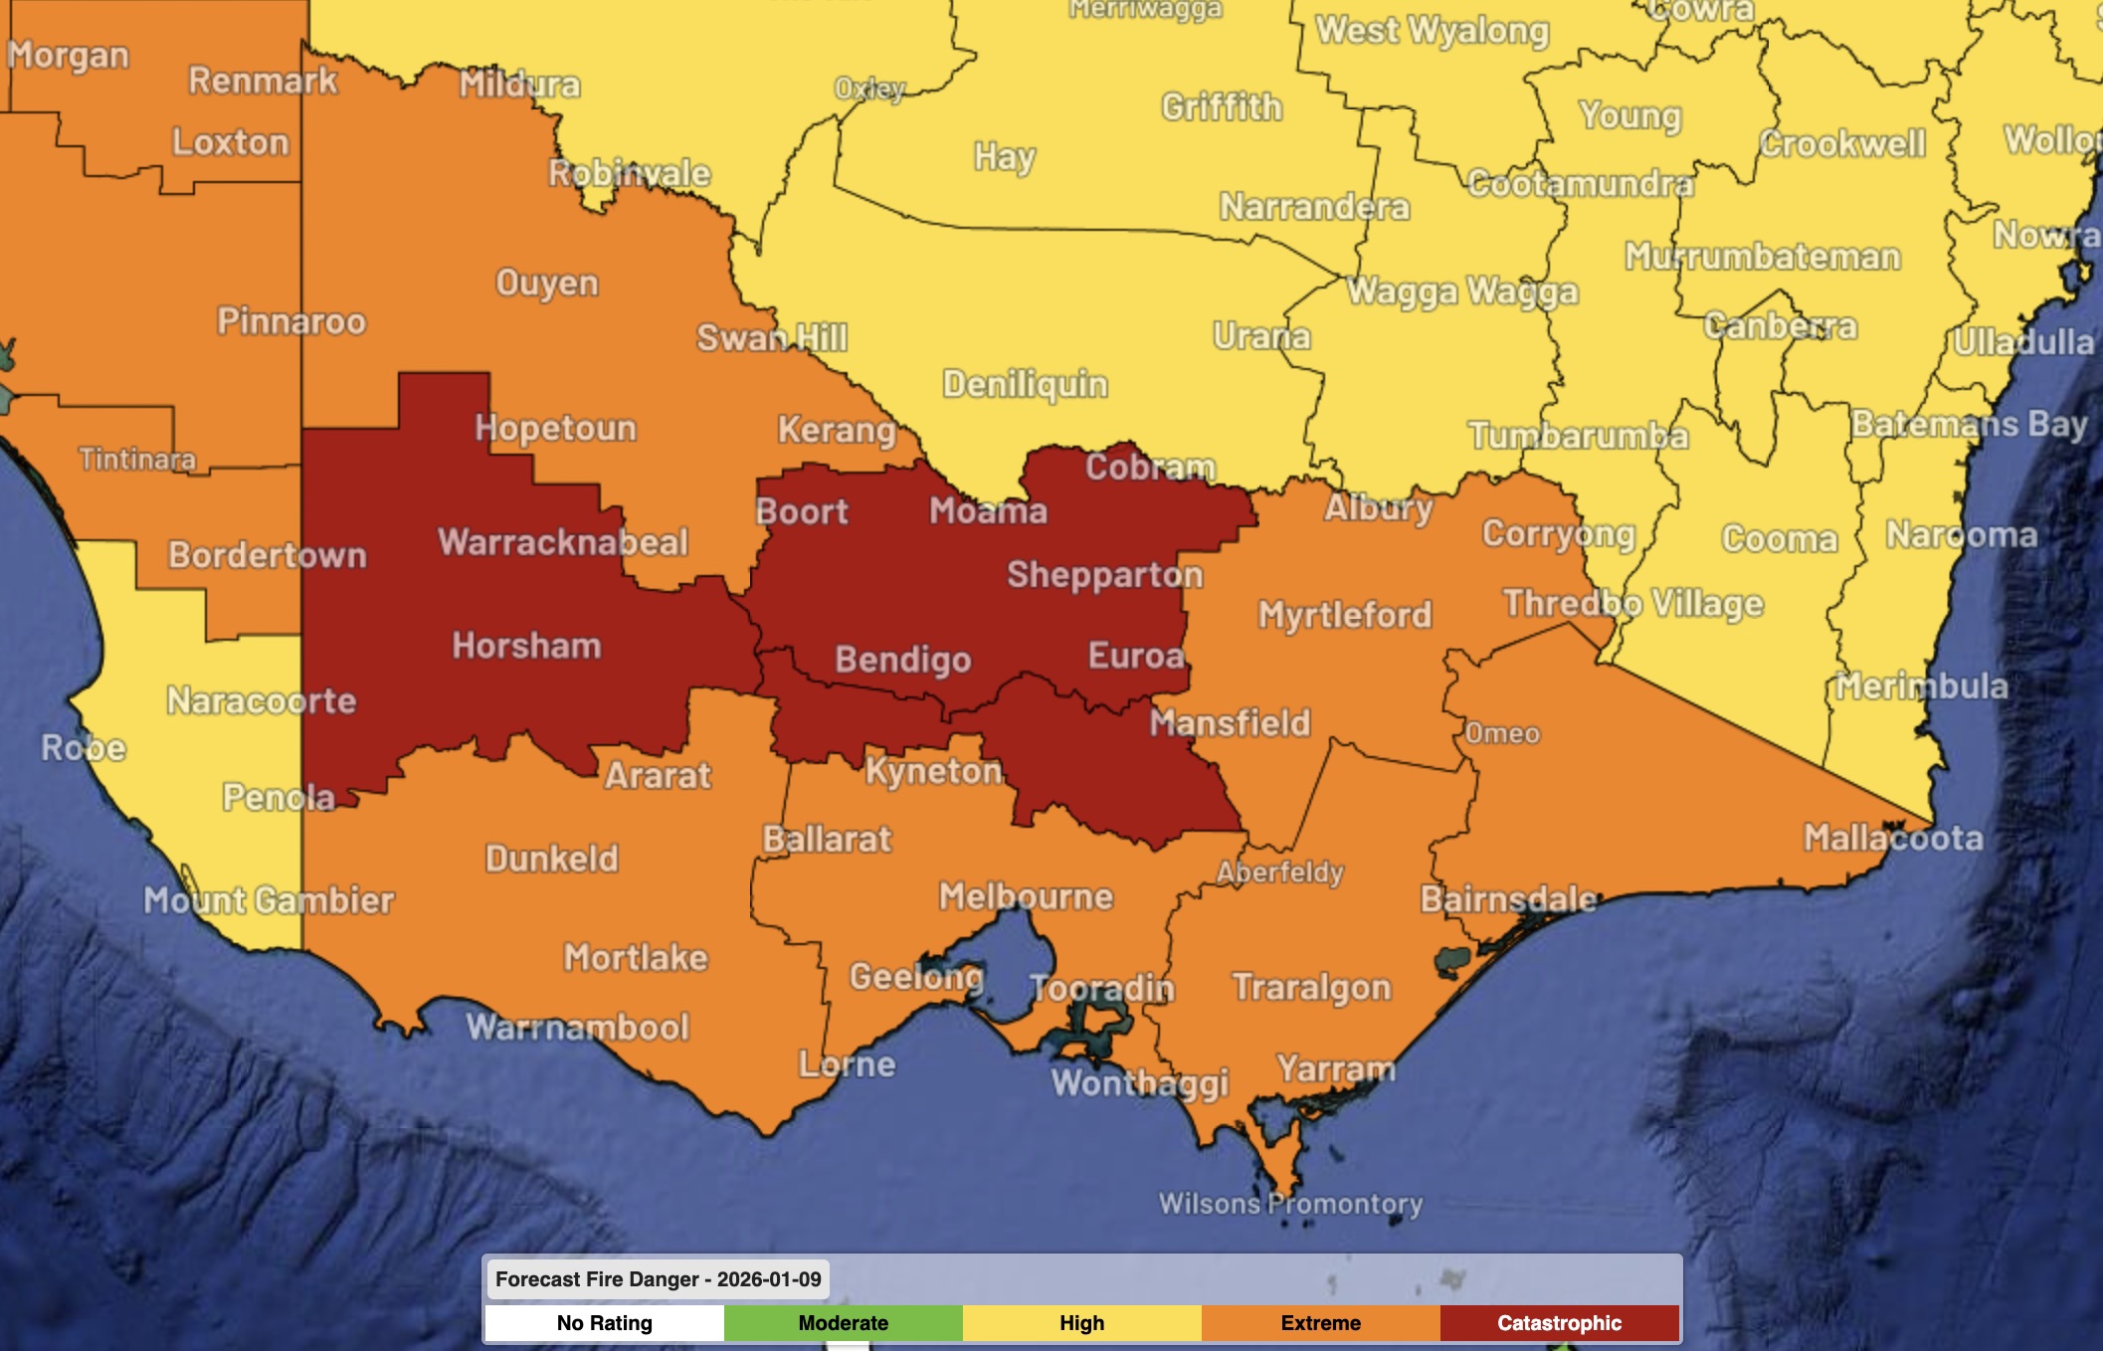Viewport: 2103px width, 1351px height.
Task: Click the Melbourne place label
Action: tap(1026, 896)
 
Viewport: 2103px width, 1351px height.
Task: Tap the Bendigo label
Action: tap(902, 660)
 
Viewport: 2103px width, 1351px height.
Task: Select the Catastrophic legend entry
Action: tap(1559, 1323)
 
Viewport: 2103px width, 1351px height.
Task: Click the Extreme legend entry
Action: tap(1320, 1323)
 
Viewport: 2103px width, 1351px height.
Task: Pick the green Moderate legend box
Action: tap(843, 1323)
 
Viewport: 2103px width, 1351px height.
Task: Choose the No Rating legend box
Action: tap(604, 1323)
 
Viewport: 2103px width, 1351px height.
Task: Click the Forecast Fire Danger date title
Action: tap(658, 1279)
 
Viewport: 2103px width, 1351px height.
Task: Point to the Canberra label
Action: tap(1780, 326)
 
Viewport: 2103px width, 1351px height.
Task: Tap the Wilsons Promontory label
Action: tap(1290, 1204)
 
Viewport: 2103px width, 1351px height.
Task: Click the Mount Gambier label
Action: tap(269, 900)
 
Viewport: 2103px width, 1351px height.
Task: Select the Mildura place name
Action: tap(519, 85)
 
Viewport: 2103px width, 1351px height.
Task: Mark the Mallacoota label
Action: tap(1893, 838)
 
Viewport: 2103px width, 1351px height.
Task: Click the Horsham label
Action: tap(526, 646)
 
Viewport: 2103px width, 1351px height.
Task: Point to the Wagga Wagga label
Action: tap(1462, 291)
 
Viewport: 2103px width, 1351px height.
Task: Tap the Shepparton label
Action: tap(1104, 575)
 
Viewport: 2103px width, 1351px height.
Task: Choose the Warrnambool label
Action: tap(577, 1027)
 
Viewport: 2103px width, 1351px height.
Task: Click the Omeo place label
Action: tap(1502, 734)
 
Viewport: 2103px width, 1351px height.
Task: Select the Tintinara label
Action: tap(137, 459)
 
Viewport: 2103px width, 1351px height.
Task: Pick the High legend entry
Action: tap(1081, 1323)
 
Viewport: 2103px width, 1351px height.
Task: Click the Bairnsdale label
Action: tap(1507, 899)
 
